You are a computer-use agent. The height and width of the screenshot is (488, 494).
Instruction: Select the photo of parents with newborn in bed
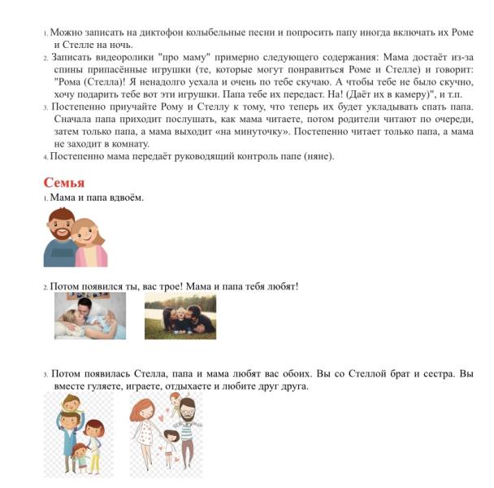click(x=89, y=316)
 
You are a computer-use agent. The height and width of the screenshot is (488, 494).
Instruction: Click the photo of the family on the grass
click(x=180, y=316)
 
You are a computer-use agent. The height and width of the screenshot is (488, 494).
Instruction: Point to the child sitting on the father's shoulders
click(x=71, y=404)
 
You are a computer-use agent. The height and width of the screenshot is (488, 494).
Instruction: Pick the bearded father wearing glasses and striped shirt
click(x=187, y=423)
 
